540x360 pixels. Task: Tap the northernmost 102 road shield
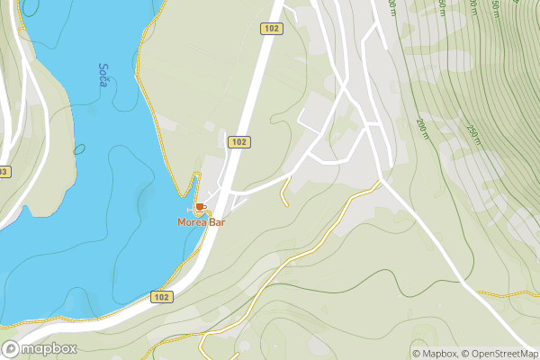click(271, 29)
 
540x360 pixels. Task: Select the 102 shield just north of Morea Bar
click(238, 142)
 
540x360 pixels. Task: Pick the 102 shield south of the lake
click(161, 297)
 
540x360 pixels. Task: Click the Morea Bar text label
click(201, 221)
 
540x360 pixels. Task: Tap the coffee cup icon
click(200, 208)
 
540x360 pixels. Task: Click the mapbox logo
click(40, 349)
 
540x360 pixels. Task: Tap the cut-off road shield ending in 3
click(4, 171)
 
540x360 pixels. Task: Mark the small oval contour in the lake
click(79, 148)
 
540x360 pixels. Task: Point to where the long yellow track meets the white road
click(379, 182)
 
